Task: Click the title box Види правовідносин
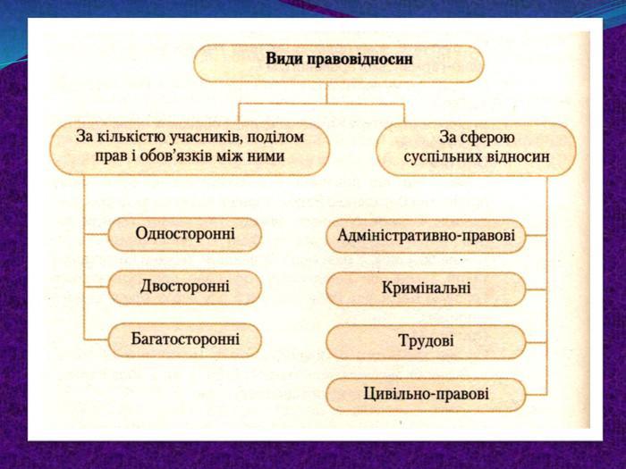[339, 63]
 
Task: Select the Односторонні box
[185, 234]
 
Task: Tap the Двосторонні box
[185, 287]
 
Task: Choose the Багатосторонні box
[185, 339]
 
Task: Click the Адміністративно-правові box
[426, 236]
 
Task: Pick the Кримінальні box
[426, 289]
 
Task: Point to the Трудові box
[426, 342]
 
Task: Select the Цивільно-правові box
[426, 395]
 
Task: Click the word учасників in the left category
[205, 137]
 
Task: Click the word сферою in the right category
[488, 138]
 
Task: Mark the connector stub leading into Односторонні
[97, 234]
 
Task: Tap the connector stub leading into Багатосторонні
[97, 339]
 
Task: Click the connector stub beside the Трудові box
[537, 342]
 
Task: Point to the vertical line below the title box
[326, 93]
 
